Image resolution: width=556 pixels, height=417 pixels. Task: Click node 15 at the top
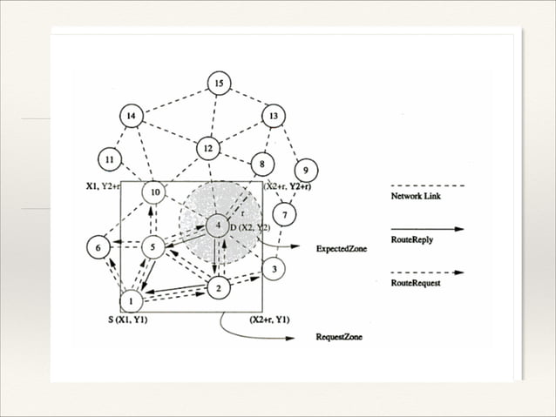coord(218,84)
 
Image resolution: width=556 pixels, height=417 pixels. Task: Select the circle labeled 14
coord(131,116)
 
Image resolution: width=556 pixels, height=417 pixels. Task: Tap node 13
coord(274,116)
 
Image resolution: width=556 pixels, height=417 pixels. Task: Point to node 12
coord(207,148)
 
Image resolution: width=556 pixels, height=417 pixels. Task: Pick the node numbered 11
coord(109,160)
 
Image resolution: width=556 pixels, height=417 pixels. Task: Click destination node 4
coord(217,226)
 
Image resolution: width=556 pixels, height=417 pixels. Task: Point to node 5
coord(153,247)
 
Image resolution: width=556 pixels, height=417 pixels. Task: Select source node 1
coord(132,300)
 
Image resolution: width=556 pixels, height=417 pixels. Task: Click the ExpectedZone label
coord(342,248)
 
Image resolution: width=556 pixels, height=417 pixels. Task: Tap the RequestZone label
coord(338,336)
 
